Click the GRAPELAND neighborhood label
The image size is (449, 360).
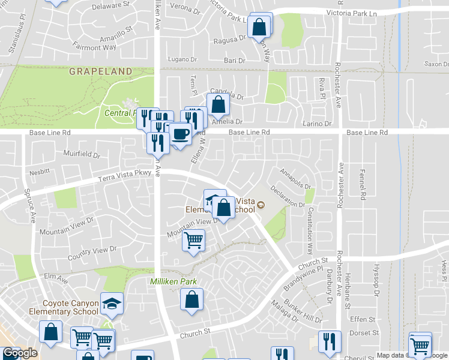[100, 71]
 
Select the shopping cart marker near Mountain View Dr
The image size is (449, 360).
[193, 241]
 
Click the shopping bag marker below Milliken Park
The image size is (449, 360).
[192, 299]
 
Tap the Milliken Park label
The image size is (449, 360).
[173, 281]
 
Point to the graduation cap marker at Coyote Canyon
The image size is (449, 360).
[112, 304]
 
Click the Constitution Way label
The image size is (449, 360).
[310, 230]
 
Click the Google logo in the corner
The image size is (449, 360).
[20, 353]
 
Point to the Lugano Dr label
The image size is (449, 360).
[183, 60]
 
